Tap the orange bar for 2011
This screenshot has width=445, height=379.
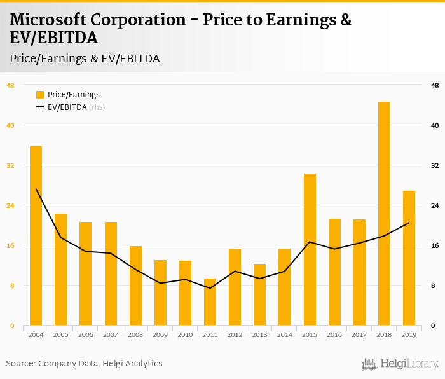[210, 302]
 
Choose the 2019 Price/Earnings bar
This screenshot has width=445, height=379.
[409, 258]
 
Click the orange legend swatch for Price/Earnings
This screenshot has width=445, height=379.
[40, 95]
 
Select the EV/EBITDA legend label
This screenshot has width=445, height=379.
[67, 107]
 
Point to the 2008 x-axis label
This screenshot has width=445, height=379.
[135, 334]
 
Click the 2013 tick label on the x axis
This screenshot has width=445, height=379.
[259, 334]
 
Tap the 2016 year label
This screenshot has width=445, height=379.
[334, 334]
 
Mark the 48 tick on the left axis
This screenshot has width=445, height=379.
[10, 85]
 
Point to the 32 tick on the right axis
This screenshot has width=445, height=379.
[435, 165]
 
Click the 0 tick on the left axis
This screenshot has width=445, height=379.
[10, 326]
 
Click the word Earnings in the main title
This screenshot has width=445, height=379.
[299, 20]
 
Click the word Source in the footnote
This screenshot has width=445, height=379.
[20, 364]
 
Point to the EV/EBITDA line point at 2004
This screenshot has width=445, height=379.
[36, 189]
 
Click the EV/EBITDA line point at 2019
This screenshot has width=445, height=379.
[409, 223]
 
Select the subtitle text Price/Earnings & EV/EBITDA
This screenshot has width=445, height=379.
[85, 59]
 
